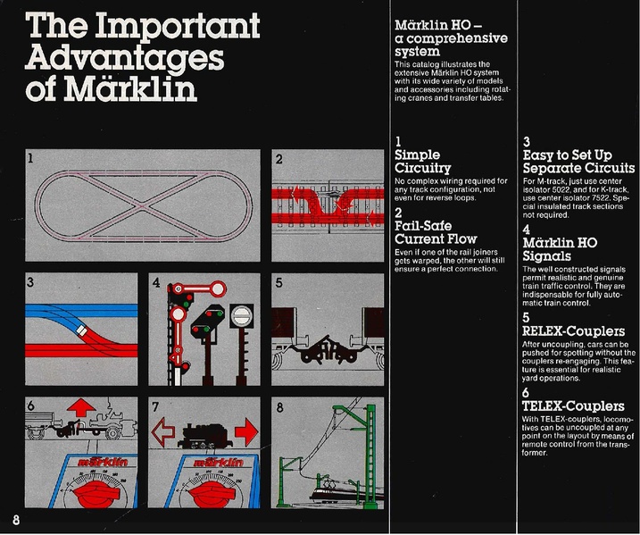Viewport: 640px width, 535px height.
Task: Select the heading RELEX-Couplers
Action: pyautogui.click(x=575, y=331)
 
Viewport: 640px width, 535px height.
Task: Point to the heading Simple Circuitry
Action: pyautogui.click(x=422, y=162)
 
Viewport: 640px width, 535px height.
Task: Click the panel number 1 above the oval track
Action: pyautogui.click(x=29, y=160)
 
